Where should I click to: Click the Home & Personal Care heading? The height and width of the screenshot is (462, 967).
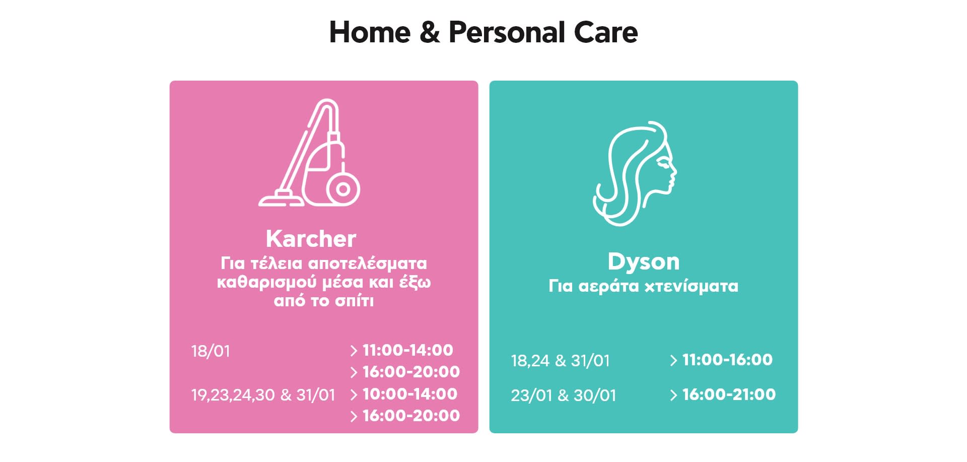(483, 32)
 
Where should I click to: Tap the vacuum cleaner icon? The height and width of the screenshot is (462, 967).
(309, 153)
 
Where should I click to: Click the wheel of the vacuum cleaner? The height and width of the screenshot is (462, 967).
(343, 189)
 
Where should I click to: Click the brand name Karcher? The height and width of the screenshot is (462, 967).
(311, 238)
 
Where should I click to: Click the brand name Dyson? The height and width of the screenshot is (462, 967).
(644, 261)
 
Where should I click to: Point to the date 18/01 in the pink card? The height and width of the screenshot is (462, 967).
(211, 351)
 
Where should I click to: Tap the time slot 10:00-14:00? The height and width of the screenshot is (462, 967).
(410, 394)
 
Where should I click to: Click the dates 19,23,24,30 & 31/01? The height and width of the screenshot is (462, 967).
(263, 395)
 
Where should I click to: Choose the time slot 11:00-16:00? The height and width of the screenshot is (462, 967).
(727, 360)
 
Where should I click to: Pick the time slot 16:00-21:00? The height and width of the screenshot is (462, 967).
(729, 394)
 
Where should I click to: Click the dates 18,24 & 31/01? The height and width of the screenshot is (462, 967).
(560, 361)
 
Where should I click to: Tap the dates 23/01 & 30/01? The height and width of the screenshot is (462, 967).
(564, 395)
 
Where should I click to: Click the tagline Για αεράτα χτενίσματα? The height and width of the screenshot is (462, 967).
(644, 286)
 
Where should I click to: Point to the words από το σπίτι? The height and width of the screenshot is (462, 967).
(324, 301)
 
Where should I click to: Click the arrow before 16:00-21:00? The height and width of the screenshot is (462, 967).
(673, 395)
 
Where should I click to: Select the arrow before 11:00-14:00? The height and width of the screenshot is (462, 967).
(354, 351)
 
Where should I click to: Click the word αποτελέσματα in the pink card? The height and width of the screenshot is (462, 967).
(367, 263)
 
